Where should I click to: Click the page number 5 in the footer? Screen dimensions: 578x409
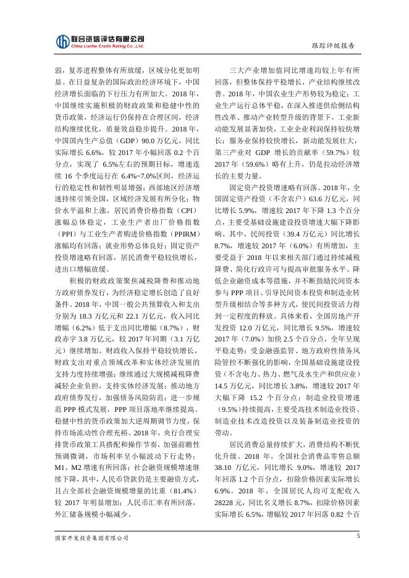pos(358,536)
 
